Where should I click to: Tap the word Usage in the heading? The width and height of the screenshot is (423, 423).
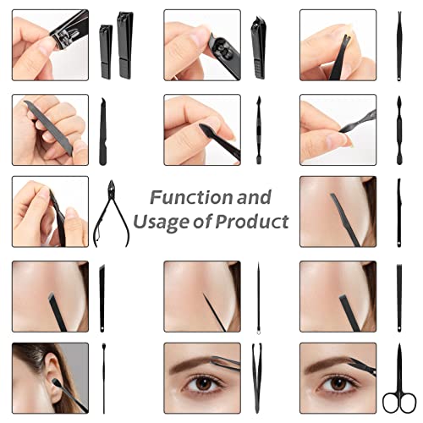click(x=172, y=222)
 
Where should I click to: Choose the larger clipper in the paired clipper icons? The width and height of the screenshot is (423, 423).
click(x=125, y=44)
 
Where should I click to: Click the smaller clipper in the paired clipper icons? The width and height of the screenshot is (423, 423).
click(x=106, y=51)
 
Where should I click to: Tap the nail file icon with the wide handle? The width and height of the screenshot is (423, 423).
click(x=103, y=131)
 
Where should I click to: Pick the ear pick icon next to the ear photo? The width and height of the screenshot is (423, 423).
click(x=102, y=377)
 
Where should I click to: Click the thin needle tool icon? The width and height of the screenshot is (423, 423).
click(x=257, y=296)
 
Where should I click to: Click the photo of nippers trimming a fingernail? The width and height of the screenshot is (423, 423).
click(x=50, y=211)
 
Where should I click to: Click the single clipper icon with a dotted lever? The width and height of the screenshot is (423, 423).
click(x=257, y=47)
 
